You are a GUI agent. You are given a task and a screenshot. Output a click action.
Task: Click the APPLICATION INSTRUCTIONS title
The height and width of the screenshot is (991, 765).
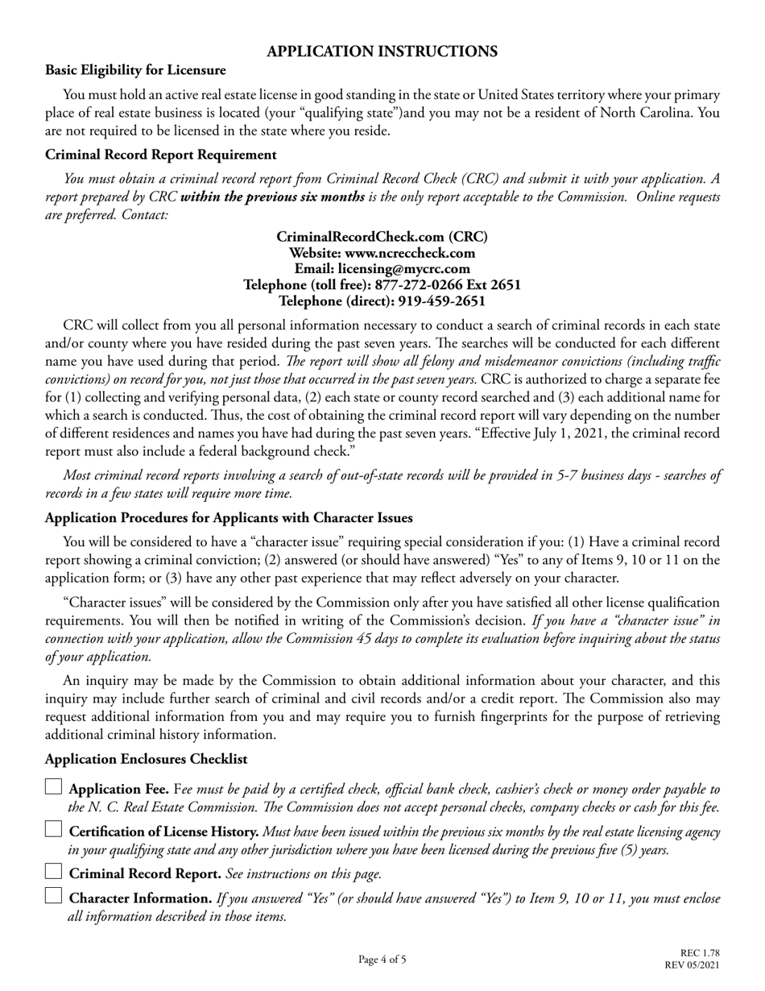[382, 52]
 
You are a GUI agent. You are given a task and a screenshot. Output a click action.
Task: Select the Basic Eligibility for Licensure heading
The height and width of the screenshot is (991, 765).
[135, 71]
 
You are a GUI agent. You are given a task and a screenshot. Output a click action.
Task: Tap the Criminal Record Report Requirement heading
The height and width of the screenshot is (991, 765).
[161, 155]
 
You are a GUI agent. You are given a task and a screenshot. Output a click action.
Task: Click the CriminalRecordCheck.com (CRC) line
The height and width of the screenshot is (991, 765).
[382, 237]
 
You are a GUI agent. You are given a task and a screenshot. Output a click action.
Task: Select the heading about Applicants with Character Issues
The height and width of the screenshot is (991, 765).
[229, 517]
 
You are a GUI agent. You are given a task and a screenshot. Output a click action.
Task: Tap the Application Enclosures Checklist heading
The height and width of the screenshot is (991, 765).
[146, 759]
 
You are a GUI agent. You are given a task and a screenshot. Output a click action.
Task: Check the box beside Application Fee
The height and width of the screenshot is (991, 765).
[53, 788]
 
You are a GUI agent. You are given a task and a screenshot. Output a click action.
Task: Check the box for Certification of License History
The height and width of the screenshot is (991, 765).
[53, 830]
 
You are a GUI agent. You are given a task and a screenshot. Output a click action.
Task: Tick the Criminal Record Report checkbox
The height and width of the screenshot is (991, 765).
[53, 872]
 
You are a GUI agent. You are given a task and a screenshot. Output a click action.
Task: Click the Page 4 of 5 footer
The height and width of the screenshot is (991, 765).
[382, 960]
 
